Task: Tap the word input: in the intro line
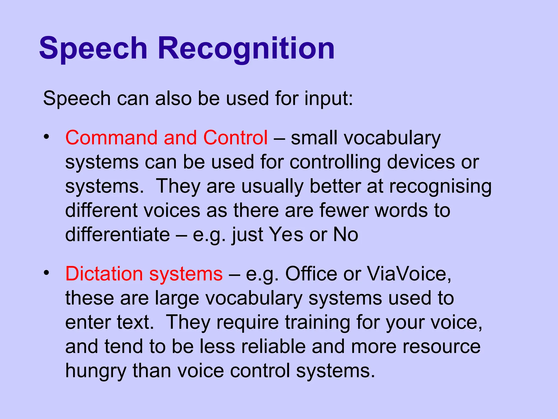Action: [329, 99]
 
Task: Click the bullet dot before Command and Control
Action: [47, 136]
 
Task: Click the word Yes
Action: [286, 234]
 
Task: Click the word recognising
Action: [440, 187]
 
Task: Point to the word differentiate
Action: [117, 234]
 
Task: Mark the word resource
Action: [441, 346]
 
